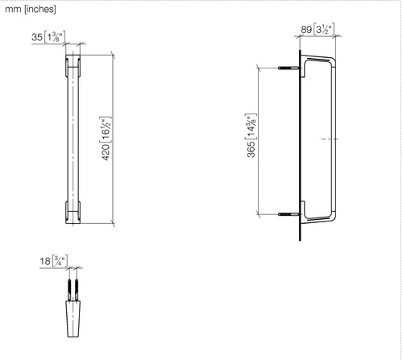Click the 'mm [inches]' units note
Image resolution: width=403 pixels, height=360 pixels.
pyautogui.click(x=31, y=10)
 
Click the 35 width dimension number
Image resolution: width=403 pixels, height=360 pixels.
pyautogui.click(x=37, y=37)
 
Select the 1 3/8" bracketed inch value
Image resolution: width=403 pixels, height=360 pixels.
pyautogui.click(x=55, y=37)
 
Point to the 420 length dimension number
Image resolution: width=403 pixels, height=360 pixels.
pyautogui.click(x=106, y=152)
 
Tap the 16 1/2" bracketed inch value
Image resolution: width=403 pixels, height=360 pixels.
pyautogui.click(x=106, y=130)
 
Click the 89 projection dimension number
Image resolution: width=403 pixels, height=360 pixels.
pyautogui.click(x=306, y=30)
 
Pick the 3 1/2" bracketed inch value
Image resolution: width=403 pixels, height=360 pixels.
pyautogui.click(x=324, y=29)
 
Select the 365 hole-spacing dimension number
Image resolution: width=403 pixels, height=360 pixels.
pyautogui.click(x=251, y=149)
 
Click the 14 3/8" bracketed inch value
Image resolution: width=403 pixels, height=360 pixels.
pyautogui.click(x=251, y=126)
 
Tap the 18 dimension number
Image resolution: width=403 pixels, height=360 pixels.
pyautogui.click(x=45, y=261)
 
